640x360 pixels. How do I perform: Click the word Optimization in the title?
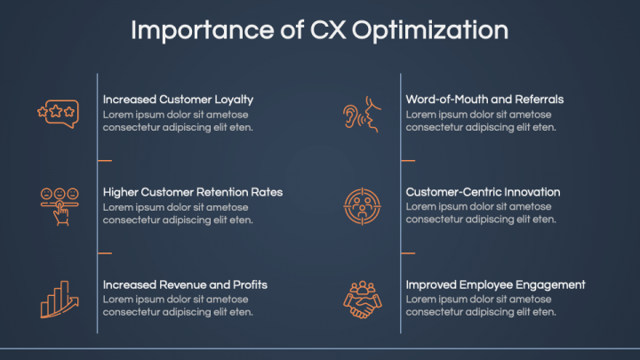point(430,31)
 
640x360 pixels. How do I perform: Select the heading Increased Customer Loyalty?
point(178,100)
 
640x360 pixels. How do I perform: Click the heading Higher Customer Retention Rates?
point(193,192)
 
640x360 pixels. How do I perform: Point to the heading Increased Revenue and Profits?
point(185,284)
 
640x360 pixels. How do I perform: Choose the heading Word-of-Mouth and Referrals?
point(484,100)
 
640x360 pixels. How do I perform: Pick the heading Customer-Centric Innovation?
point(483,192)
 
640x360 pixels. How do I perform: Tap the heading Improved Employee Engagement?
point(495,285)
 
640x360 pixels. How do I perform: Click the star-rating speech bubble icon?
point(58,114)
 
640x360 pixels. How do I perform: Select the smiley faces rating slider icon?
point(60,206)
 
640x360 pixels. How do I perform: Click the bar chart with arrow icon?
point(60,300)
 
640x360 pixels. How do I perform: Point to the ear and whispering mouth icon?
point(362,115)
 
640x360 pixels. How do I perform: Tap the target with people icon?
point(362,206)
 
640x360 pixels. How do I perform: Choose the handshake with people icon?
point(362,300)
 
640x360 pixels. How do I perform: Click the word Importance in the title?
point(203,30)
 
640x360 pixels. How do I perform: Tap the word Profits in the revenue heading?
point(250,284)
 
